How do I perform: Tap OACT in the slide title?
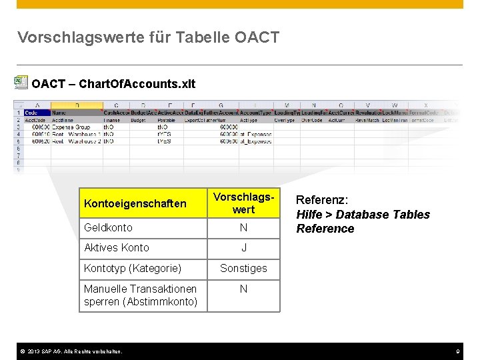click(257, 37)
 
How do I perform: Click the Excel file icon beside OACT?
click(20, 83)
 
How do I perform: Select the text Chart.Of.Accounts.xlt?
click(137, 84)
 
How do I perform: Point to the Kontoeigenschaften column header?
click(135, 203)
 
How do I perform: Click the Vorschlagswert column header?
click(243, 203)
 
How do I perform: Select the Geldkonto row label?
click(108, 227)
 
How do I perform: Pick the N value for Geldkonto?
click(243, 227)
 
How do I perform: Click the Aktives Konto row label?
click(117, 247)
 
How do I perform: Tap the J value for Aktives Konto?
click(243, 247)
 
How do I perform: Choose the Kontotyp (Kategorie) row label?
click(133, 268)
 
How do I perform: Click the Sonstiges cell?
click(243, 268)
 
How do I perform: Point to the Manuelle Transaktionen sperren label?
click(141, 295)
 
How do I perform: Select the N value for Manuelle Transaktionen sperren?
click(243, 289)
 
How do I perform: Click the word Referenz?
click(322, 199)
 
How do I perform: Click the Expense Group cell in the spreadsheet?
click(71, 126)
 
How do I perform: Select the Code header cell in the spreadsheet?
click(31, 113)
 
